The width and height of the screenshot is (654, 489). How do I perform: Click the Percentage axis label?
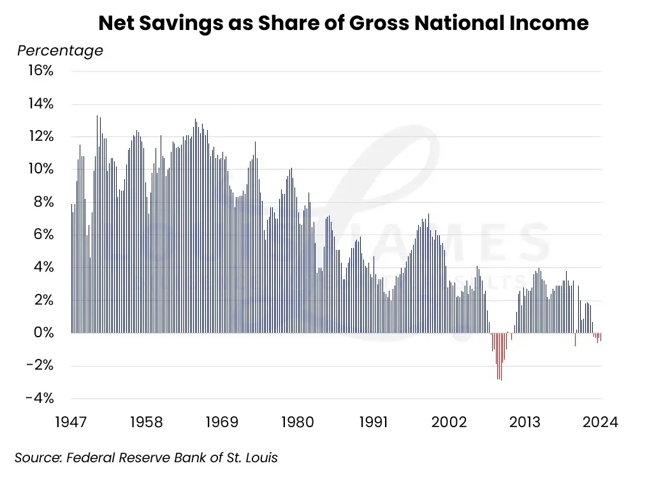60,50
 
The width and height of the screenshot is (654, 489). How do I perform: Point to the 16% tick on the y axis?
40,71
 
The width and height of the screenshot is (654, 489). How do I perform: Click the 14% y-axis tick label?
40,104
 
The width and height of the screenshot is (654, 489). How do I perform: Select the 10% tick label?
40,169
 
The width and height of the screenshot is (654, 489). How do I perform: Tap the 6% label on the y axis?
43,235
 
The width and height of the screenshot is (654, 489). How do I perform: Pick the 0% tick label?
43,333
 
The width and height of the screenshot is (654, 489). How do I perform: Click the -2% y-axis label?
40,365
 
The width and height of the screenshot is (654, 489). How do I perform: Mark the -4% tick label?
40,398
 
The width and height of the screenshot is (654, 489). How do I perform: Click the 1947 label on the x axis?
71,422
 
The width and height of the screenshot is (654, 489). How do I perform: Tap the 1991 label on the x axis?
374,422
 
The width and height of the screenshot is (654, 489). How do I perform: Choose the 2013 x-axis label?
525,422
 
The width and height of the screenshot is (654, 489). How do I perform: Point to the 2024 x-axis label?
600,422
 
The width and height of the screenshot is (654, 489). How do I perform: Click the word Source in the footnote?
36,458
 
